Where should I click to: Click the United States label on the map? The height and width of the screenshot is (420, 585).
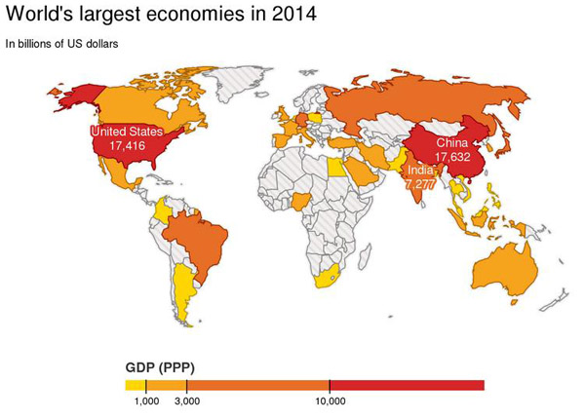pos(127,132)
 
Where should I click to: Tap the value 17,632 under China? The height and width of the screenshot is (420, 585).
pos(452,157)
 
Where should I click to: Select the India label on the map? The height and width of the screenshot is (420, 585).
pos(420,171)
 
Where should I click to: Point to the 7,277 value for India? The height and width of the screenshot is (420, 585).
pos(420,184)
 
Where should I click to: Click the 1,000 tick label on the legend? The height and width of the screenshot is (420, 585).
pos(146,401)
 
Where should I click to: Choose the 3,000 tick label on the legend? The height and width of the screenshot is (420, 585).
pos(187,401)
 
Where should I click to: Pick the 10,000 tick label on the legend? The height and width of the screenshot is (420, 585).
pos(331,401)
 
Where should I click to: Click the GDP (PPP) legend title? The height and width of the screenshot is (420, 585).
pos(160,368)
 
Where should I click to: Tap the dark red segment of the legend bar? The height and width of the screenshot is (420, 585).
pos(407,385)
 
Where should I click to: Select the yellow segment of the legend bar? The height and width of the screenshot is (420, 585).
pos(136,385)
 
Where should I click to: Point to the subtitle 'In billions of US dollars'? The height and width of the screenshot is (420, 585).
pos(62,44)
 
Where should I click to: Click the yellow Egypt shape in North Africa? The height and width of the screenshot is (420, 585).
pos(336,167)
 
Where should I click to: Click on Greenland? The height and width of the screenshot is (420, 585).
pos(239,83)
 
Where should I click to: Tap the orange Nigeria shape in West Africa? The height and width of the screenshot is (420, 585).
pos(299,202)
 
